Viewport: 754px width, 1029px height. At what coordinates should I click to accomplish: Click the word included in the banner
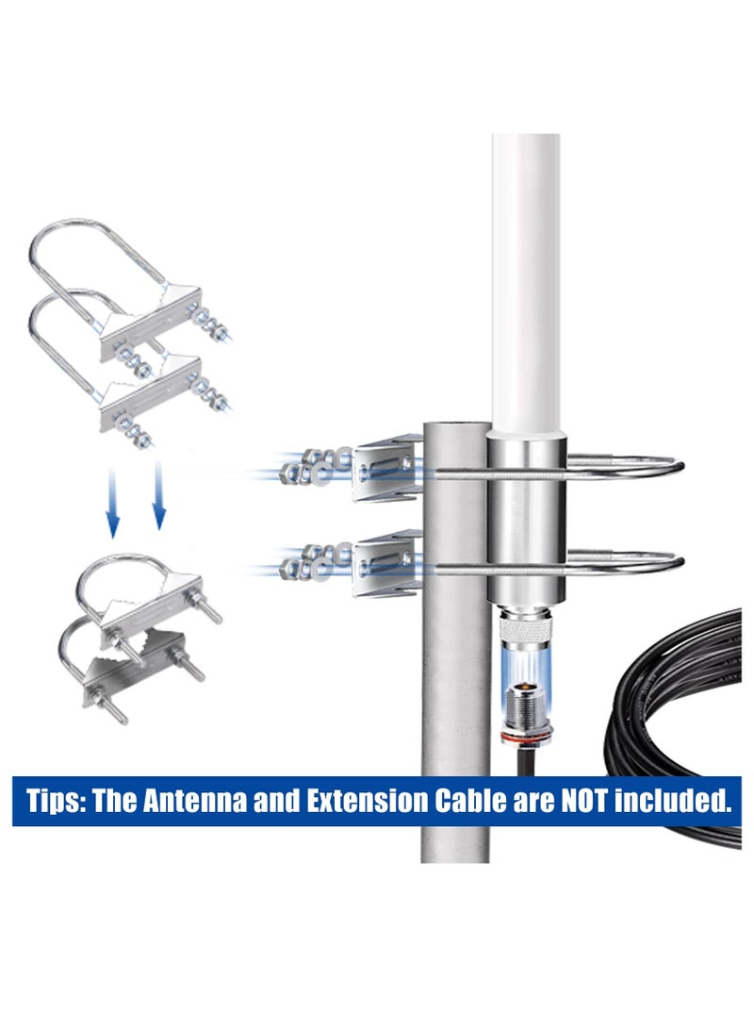click(x=680, y=802)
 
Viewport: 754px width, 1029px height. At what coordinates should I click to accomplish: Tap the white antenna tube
click(x=525, y=283)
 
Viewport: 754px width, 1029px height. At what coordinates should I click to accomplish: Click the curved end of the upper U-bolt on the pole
click(x=671, y=464)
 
